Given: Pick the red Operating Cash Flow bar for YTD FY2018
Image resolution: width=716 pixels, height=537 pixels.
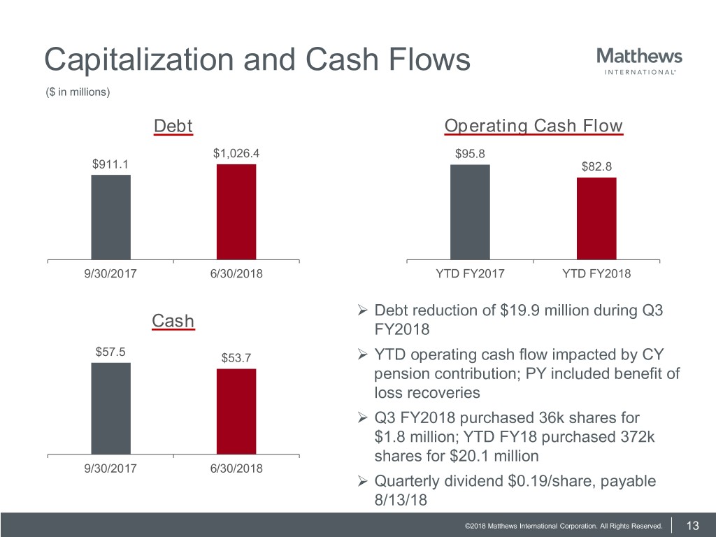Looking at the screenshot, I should coord(596,218).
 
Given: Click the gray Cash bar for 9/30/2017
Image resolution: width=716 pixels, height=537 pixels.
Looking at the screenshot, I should coord(110,408).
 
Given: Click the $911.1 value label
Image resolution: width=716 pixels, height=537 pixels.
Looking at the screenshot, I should coord(110,164).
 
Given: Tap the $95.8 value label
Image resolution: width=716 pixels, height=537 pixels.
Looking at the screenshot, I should coord(470,154).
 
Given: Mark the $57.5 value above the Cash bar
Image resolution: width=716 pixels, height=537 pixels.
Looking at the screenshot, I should coord(110,352).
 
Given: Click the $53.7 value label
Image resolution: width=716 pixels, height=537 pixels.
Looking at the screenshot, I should coord(236,358).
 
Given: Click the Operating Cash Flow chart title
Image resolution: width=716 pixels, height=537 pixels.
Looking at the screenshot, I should coord(533,126).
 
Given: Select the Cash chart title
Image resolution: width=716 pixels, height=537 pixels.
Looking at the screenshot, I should coord(173,321).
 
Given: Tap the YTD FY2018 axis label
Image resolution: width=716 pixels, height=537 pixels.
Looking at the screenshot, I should coord(596,274).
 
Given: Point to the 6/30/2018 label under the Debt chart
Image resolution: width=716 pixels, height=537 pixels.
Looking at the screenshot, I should coord(236,274).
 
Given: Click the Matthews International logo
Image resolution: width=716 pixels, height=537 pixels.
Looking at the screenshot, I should coord(639,61).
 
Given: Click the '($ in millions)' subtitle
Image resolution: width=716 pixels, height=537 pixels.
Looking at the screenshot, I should coord(77,92).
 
